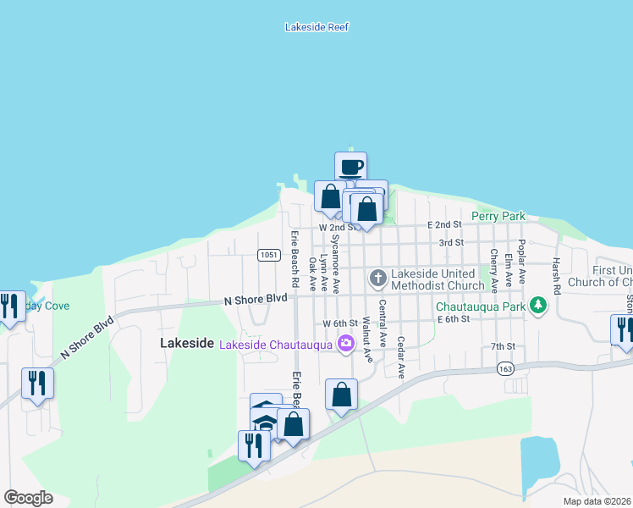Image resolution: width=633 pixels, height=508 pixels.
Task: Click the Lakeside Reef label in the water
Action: [x=317, y=27]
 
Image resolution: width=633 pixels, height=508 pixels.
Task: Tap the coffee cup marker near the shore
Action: [x=350, y=166]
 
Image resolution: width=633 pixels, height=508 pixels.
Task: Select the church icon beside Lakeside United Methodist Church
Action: [x=377, y=277]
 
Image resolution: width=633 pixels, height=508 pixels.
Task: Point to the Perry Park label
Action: [x=498, y=217]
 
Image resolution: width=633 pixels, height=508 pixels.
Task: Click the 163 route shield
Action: [x=506, y=368]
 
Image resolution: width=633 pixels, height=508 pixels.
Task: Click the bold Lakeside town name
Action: [x=186, y=343]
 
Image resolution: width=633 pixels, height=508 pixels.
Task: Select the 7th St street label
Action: [x=503, y=346]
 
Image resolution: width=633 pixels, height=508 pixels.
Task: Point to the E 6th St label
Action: [x=453, y=318]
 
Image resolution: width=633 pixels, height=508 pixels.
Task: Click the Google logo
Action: [x=28, y=498]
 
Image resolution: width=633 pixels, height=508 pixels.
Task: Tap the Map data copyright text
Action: [x=597, y=501]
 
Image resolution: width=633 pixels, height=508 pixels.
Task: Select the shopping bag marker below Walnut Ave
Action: [x=341, y=394]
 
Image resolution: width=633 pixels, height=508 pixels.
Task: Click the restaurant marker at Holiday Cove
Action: [x=9, y=306]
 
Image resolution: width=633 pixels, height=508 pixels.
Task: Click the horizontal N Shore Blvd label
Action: [x=256, y=300]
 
